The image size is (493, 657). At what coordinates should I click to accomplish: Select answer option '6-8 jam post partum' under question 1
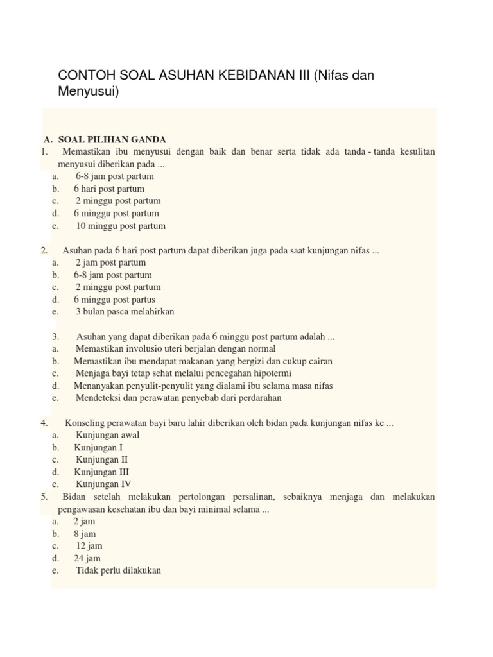pyautogui.click(x=114, y=176)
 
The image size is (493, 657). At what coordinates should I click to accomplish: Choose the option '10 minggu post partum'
pyautogui.click(x=121, y=226)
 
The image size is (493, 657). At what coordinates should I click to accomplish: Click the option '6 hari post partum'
pyautogui.click(x=109, y=189)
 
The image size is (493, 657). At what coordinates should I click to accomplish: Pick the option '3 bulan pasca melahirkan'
pyautogui.click(x=125, y=312)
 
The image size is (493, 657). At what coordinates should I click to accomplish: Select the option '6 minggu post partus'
pyautogui.click(x=114, y=300)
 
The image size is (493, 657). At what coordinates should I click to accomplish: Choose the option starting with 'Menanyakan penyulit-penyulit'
pyautogui.click(x=203, y=386)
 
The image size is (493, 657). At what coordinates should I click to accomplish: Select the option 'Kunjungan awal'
pyautogui.click(x=107, y=435)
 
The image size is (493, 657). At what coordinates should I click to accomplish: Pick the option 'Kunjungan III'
pyautogui.click(x=101, y=472)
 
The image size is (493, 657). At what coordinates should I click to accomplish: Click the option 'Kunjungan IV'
pyautogui.click(x=103, y=484)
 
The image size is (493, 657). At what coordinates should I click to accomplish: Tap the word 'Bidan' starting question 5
pyautogui.click(x=74, y=497)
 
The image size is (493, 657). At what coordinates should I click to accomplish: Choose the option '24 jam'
pyautogui.click(x=87, y=558)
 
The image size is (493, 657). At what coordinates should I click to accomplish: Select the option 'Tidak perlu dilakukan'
pyautogui.click(x=118, y=570)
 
